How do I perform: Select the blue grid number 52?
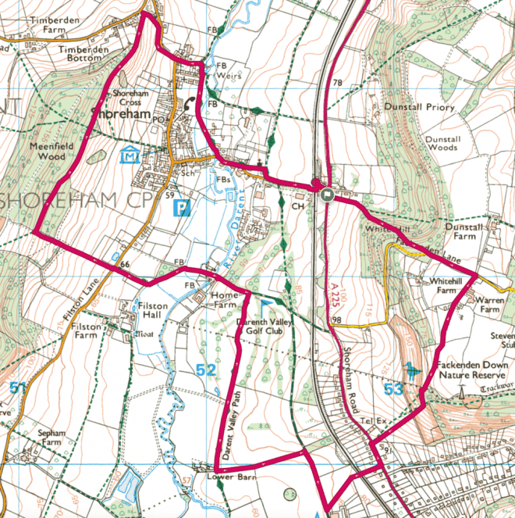click(x=206, y=371)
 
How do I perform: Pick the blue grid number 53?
click(x=393, y=388)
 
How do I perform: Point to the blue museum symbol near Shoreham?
click(x=129, y=156)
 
